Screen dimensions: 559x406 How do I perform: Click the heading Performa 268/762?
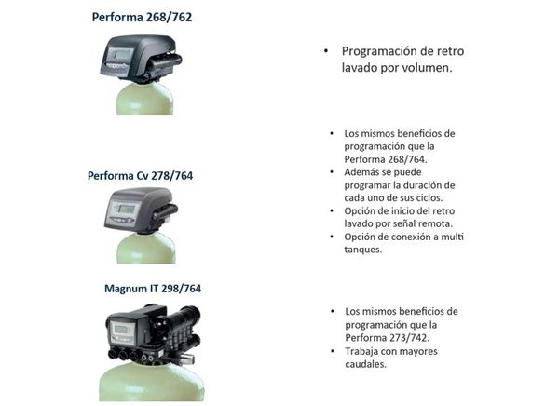pos(142,18)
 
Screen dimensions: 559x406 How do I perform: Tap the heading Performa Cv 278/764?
pos(140,176)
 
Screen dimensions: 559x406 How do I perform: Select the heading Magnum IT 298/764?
pos(153,289)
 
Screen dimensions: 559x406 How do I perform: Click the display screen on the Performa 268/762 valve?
pos(122,55)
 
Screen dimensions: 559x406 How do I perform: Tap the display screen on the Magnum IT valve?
pos(120,330)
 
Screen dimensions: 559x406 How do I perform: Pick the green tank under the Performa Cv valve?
pos(146,249)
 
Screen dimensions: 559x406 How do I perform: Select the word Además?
pos(360,172)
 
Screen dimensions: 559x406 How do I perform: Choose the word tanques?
pos(363,250)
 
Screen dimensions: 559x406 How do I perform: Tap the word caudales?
pos(366,364)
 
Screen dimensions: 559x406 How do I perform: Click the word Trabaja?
pos(361,351)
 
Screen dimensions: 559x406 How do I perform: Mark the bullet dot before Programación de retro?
pos(326,51)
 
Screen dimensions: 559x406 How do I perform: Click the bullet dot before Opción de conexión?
pos(332,237)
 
